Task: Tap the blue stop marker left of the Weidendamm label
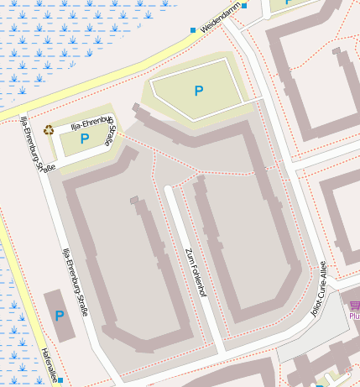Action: click(193, 30)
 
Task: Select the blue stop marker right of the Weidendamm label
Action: click(244, 6)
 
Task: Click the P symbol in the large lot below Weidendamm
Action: click(199, 91)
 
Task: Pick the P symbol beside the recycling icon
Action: click(85, 139)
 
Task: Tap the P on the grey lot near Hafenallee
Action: click(59, 316)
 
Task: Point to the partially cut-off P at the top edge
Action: click(289, 3)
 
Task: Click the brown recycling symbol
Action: click(49, 129)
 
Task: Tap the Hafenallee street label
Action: click(50, 366)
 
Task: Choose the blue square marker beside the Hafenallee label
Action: click(60, 380)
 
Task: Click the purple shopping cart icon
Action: click(354, 305)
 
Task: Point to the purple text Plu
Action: click(353, 316)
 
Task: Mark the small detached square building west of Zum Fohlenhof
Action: click(133, 200)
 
